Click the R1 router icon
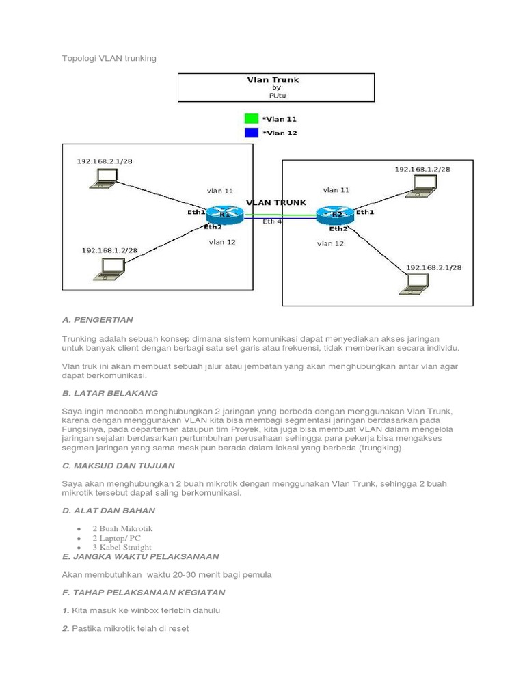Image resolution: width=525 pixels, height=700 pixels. point(225,215)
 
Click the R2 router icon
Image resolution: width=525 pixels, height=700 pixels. point(336,215)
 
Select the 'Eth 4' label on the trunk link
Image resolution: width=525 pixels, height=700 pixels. point(272,221)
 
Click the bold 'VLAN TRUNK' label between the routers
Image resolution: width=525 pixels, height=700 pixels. point(275,202)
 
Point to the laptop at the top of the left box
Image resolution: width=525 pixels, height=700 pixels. point(103,178)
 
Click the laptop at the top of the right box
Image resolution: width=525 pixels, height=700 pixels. point(423,185)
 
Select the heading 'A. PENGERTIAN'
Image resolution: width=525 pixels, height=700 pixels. point(97,319)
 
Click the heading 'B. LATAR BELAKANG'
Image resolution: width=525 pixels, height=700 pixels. point(110,393)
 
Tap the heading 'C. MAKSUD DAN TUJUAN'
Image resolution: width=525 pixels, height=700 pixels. point(118,466)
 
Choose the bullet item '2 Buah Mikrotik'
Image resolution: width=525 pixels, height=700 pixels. point(123,528)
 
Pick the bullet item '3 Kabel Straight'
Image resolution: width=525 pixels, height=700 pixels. point(122,548)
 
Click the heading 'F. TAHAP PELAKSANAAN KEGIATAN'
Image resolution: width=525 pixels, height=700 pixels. point(144,592)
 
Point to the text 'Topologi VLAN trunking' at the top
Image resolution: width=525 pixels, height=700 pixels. point(109,58)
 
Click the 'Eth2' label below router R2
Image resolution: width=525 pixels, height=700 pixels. point(338,229)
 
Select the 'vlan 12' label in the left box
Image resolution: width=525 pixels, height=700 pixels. point(223,242)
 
